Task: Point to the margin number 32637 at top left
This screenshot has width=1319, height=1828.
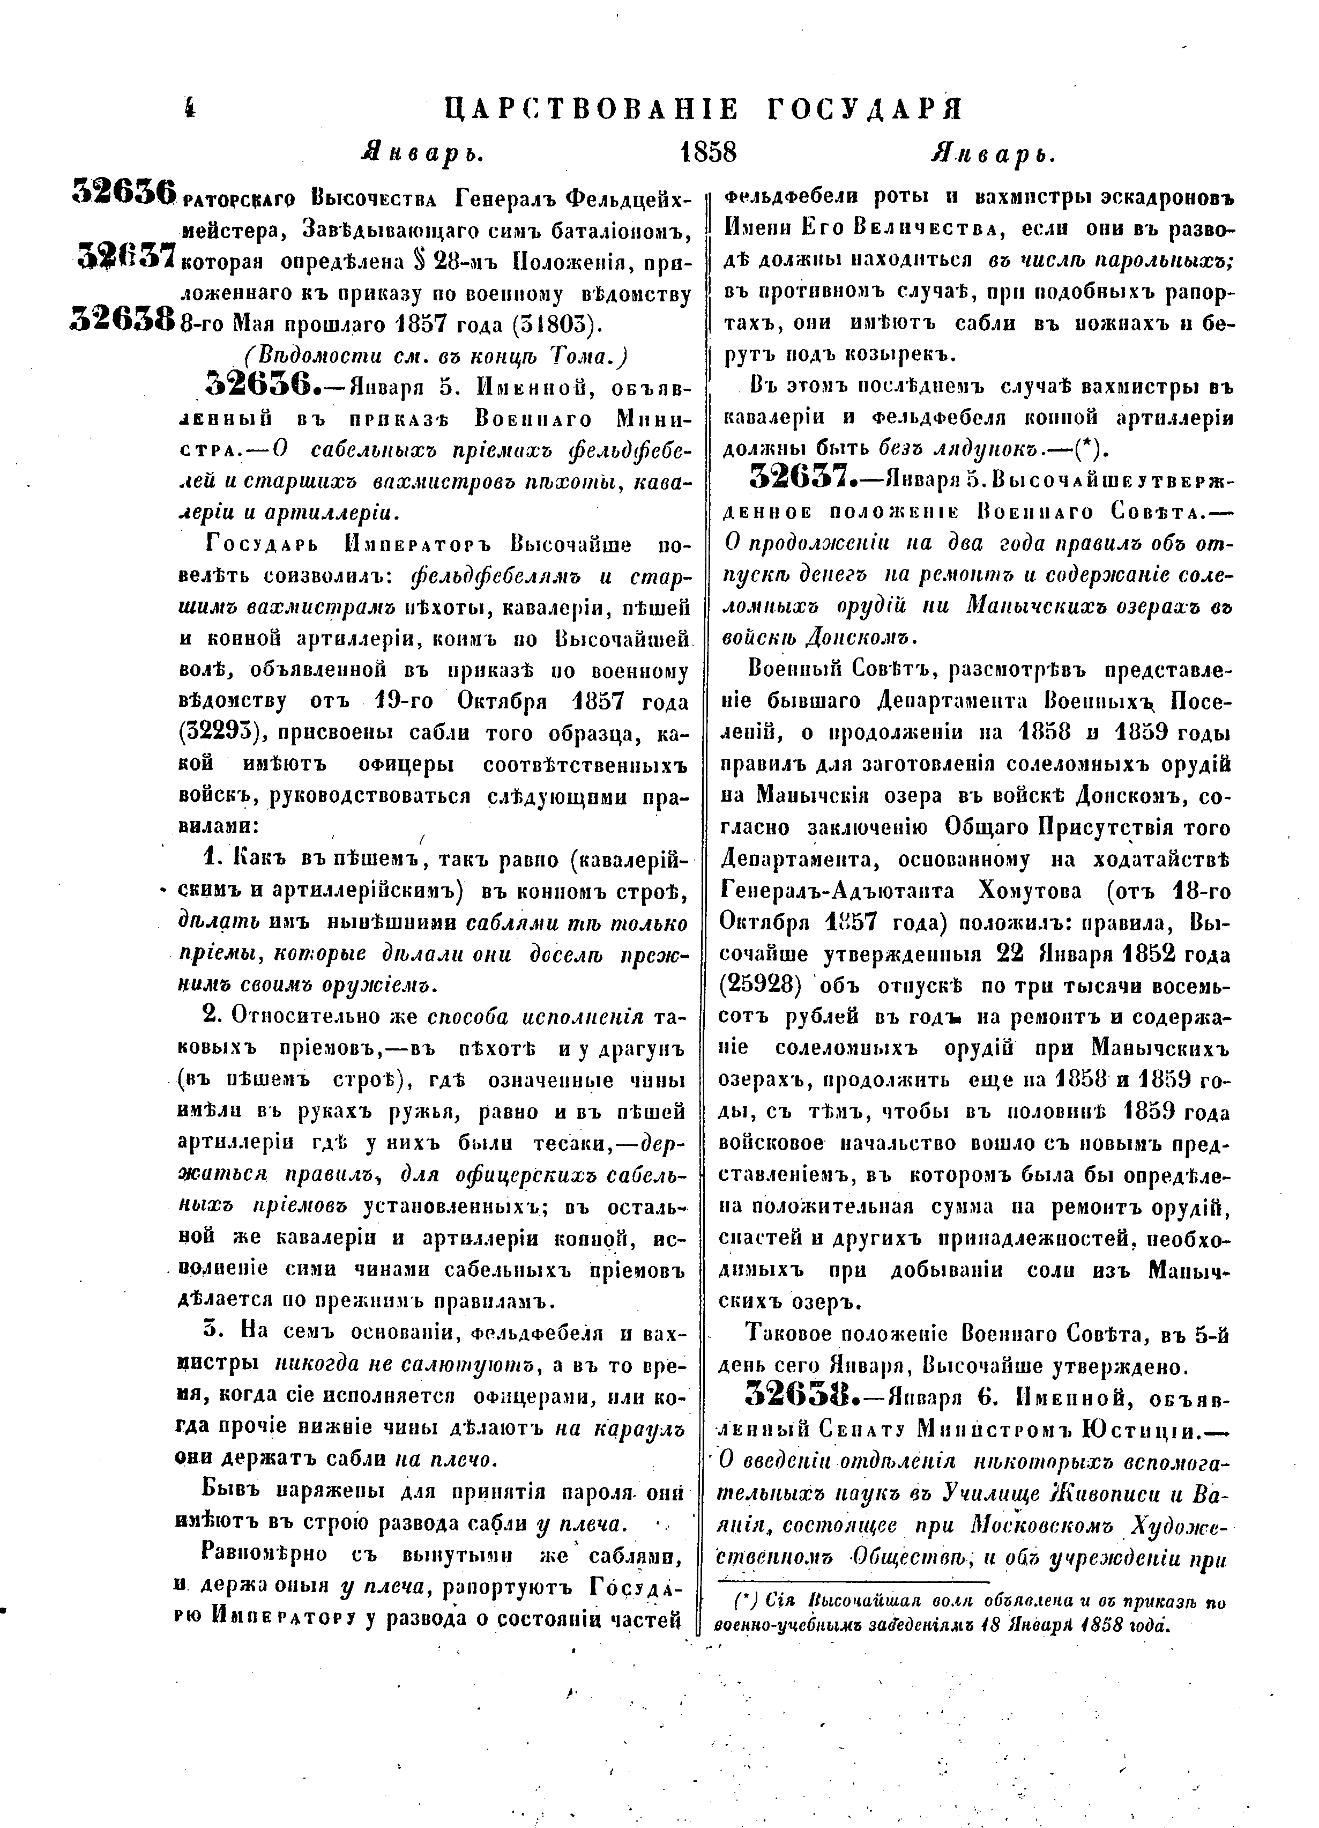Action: [x=126, y=255]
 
